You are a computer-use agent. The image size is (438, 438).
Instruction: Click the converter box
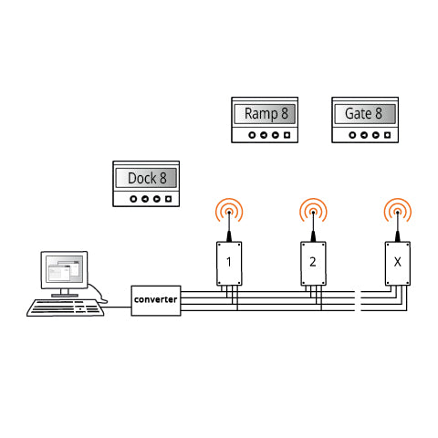click(156, 300)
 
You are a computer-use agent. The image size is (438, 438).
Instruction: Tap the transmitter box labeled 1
click(229, 264)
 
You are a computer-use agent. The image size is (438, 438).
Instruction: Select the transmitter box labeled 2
click(313, 264)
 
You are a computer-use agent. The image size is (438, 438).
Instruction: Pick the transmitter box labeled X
click(398, 264)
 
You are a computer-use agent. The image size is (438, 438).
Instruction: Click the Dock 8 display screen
click(146, 178)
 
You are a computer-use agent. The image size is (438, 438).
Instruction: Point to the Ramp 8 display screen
click(265, 114)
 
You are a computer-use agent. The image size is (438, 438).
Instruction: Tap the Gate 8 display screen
click(365, 114)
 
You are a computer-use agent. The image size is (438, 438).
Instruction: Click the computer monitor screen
click(64, 269)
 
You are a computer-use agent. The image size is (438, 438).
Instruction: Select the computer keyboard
click(66, 308)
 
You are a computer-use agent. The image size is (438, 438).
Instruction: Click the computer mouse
click(103, 301)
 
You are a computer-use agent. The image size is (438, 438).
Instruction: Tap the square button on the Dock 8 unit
click(168, 199)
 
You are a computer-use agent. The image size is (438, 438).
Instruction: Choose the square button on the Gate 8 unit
click(387, 135)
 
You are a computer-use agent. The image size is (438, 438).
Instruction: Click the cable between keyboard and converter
click(117, 307)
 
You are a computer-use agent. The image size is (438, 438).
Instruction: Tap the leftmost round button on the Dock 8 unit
click(133, 199)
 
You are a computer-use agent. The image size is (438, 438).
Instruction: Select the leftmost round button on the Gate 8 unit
click(352, 135)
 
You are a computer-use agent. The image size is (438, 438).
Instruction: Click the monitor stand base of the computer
click(65, 295)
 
